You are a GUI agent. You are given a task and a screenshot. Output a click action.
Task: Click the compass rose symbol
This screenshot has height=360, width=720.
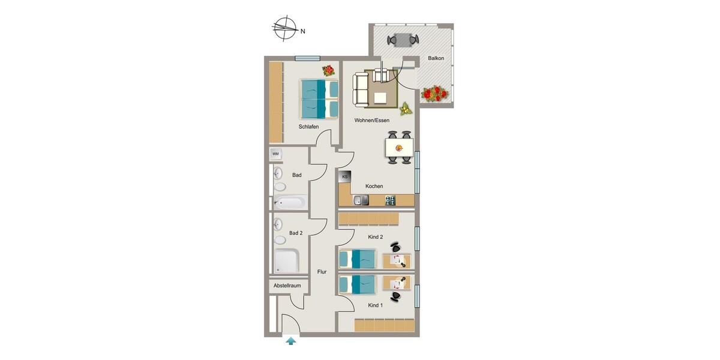point(286,28)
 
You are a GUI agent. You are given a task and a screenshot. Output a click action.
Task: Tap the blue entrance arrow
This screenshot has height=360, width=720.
point(291,341)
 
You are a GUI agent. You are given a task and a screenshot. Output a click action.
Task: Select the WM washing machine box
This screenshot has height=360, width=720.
point(276,154)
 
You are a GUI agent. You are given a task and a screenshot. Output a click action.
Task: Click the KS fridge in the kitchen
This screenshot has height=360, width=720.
point(345,177)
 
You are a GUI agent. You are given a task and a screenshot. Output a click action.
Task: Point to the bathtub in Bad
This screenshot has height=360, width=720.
point(290,203)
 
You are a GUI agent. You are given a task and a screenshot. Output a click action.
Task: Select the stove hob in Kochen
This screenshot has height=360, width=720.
point(391,200)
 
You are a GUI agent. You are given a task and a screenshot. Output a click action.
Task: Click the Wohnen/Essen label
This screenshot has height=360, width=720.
point(372,121)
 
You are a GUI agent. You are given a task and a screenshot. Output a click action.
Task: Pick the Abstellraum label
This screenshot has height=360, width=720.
point(287,286)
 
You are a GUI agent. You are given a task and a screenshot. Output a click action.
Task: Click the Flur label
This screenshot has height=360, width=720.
point(322,272)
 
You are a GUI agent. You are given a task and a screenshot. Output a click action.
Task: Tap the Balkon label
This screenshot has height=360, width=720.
point(436,58)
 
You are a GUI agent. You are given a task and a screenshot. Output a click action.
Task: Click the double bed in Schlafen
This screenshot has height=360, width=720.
point(319,99)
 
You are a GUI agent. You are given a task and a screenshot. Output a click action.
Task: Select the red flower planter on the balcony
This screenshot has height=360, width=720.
point(435,94)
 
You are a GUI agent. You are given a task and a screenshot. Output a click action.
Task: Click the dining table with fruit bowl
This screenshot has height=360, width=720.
point(399,147)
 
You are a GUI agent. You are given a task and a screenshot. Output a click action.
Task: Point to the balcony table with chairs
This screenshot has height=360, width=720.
point(403,40)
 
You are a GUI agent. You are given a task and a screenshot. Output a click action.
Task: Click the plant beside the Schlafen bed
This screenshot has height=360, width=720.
point(328,70)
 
